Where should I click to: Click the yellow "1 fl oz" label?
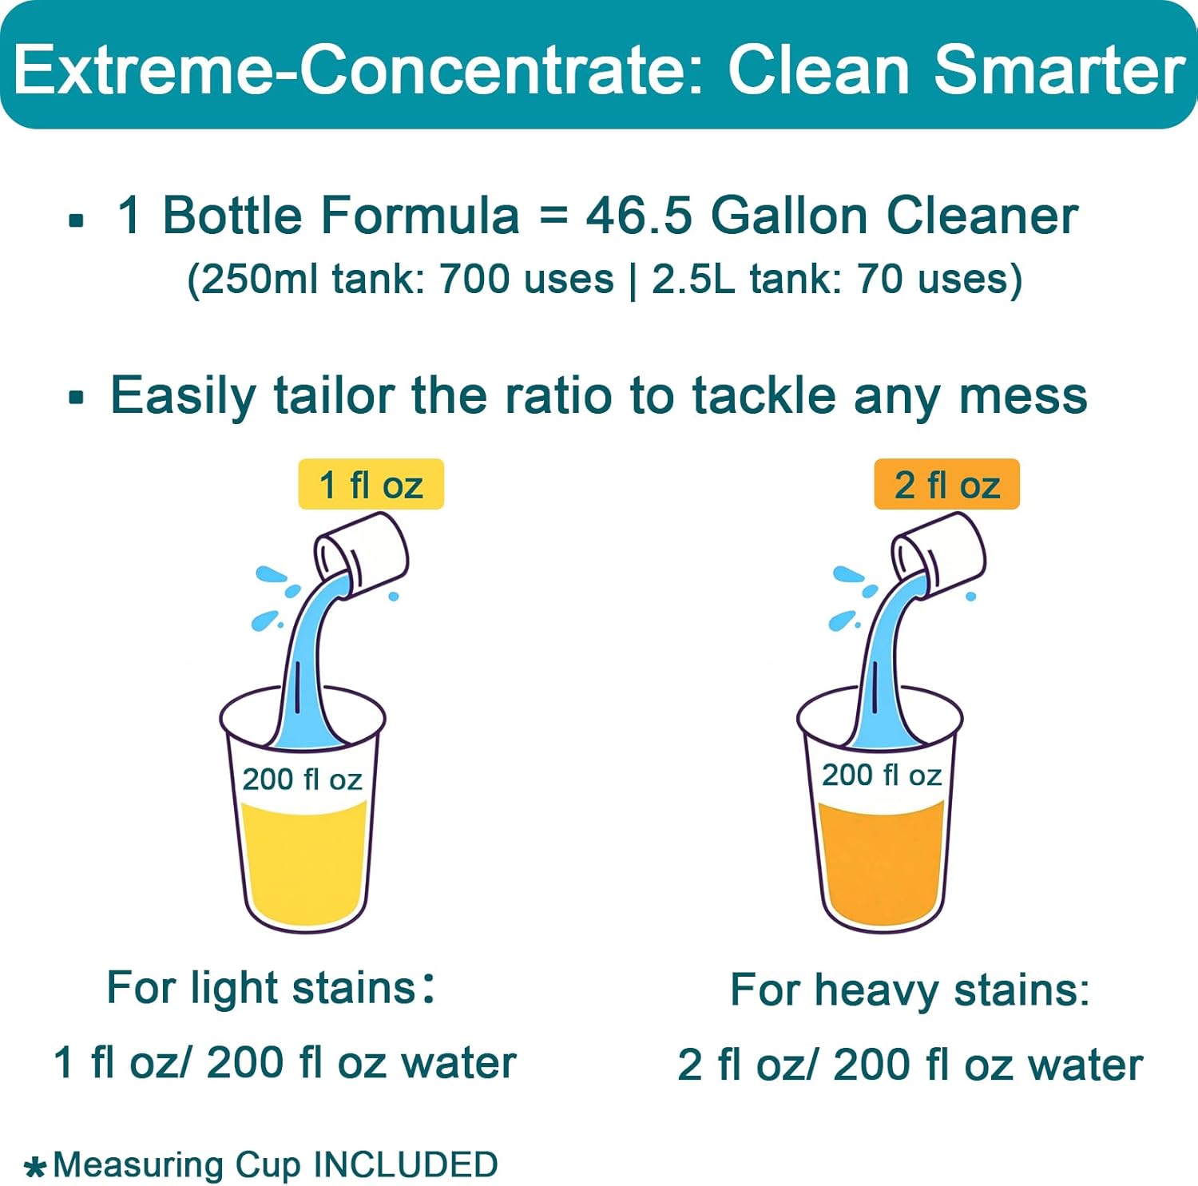pyautogui.click(x=371, y=484)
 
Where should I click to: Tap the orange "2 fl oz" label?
pyautogui.click(x=946, y=484)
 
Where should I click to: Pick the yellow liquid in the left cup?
pyautogui.click(x=303, y=863)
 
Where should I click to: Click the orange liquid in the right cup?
pyautogui.click(x=881, y=863)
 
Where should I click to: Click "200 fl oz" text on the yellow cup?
pyautogui.click(x=302, y=779)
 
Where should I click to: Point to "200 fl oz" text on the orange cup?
pyautogui.click(x=881, y=775)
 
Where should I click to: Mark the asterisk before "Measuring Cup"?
pyautogui.click(x=34, y=1168)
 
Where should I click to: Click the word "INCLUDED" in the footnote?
pyautogui.click(x=406, y=1164)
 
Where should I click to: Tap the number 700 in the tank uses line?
pyautogui.click(x=474, y=280)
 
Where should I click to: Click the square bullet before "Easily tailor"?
pyautogui.click(x=77, y=397)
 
